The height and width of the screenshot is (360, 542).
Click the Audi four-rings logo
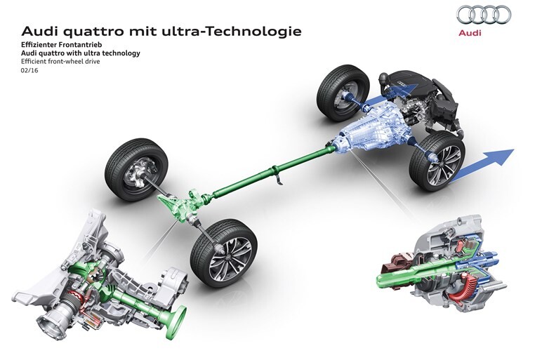[x=484, y=14]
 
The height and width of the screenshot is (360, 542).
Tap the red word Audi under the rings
[x=470, y=33]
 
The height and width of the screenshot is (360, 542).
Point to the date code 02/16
[x=29, y=70]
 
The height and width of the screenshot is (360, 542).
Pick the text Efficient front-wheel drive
[x=60, y=62]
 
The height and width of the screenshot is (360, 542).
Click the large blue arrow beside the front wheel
[x=482, y=166]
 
